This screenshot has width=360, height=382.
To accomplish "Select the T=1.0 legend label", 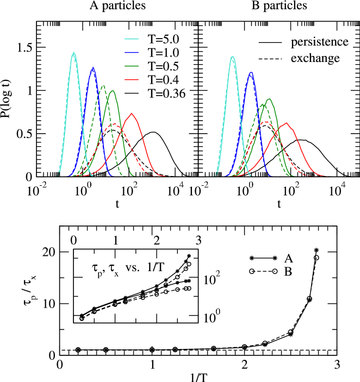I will pyautogui.click(x=164, y=53).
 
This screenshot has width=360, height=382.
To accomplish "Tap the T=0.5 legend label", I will pyautogui.click(x=164, y=66).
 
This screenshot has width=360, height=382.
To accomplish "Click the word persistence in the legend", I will pyautogui.click(x=319, y=42).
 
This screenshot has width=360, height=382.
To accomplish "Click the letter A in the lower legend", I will pyautogui.click(x=288, y=258).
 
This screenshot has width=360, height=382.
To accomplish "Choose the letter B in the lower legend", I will pyautogui.click(x=288, y=271).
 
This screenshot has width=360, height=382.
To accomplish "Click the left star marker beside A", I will pyautogui.click(x=252, y=258).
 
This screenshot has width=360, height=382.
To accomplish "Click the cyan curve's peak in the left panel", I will pyautogui.click(x=73, y=53).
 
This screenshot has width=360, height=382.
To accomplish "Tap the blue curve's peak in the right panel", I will pyautogui.click(x=251, y=72).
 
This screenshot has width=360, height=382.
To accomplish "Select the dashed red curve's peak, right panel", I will pyautogui.click(x=266, y=122).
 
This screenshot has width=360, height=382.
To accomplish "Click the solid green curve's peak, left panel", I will pyautogui.click(x=113, y=91).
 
